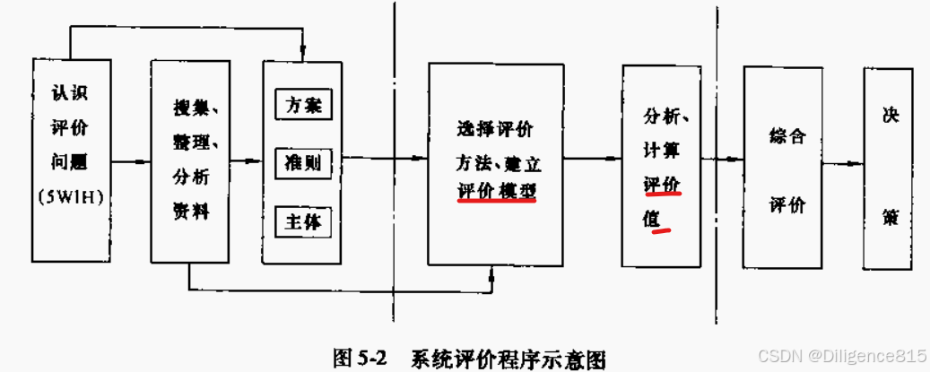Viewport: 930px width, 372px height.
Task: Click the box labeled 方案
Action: coord(303,105)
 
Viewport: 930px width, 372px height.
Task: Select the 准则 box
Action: coord(303,163)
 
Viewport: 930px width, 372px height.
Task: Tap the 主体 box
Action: coord(303,221)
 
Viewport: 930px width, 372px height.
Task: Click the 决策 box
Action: coord(890,168)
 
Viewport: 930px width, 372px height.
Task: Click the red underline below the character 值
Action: coord(663,231)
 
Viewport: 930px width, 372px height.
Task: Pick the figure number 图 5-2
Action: coord(359,358)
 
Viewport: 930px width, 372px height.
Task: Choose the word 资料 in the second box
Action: coord(190,211)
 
